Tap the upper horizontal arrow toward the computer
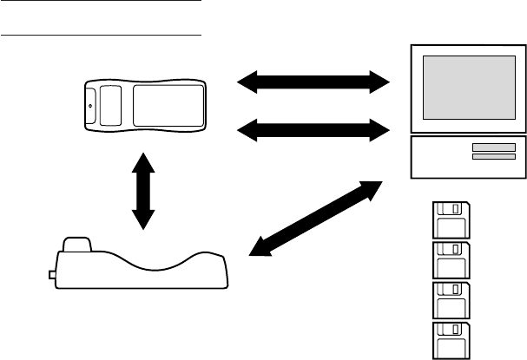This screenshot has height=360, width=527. click(314, 82)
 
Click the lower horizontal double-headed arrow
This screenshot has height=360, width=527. click(314, 131)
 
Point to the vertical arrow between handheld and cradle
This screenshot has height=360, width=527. click(142, 192)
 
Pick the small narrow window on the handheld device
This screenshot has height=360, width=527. click(109, 105)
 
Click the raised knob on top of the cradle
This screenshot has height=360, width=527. click(79, 243)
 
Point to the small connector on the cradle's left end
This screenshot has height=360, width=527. click(51, 275)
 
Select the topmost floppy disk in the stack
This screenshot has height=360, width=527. click(450, 220)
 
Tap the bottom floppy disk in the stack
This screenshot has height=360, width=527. click(450, 339)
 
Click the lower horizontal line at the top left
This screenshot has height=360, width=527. click(101, 36)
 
